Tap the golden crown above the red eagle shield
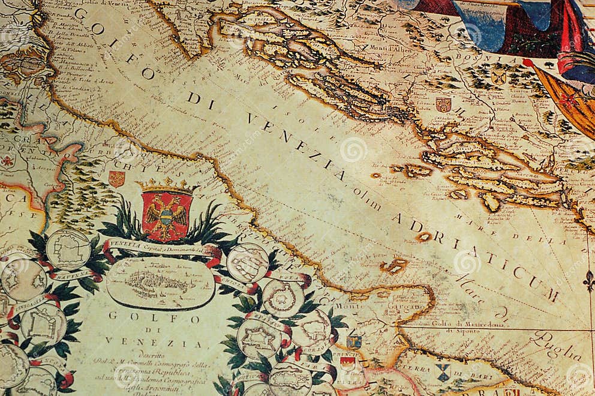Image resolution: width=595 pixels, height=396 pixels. coord(167,186)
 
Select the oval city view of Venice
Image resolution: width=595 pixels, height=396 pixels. coord(161,282)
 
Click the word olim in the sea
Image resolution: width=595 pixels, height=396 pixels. coord(366,197)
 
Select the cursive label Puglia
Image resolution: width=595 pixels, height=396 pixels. coord(555,347)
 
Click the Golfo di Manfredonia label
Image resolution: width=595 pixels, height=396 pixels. coord(459,325)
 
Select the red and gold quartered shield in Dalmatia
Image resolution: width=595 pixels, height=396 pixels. coord(443,104)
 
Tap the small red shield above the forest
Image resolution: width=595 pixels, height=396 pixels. coord(116,178)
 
